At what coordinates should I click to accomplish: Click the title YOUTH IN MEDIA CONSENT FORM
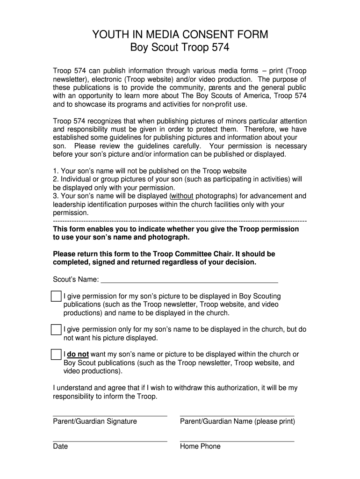click(180, 34)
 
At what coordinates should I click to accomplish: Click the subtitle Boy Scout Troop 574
click(180, 48)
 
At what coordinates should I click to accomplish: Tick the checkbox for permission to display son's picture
click(56, 297)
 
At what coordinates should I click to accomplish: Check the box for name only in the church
click(56, 329)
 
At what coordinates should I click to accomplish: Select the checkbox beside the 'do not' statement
click(56, 354)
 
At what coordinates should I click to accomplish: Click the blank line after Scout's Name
click(189, 282)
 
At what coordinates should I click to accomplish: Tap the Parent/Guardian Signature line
click(110, 415)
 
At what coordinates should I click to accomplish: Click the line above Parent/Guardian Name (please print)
click(237, 415)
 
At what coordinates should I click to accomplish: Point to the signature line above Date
click(110, 440)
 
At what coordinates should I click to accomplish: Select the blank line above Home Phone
click(237, 440)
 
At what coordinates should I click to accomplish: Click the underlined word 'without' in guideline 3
click(182, 196)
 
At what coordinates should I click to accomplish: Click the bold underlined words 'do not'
click(78, 354)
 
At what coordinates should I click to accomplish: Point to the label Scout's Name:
click(76, 279)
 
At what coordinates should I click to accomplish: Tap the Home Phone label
click(200, 446)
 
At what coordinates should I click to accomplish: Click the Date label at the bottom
click(60, 446)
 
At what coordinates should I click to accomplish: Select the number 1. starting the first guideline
click(56, 171)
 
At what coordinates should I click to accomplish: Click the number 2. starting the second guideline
click(56, 179)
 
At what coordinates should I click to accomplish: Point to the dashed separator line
click(180, 221)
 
